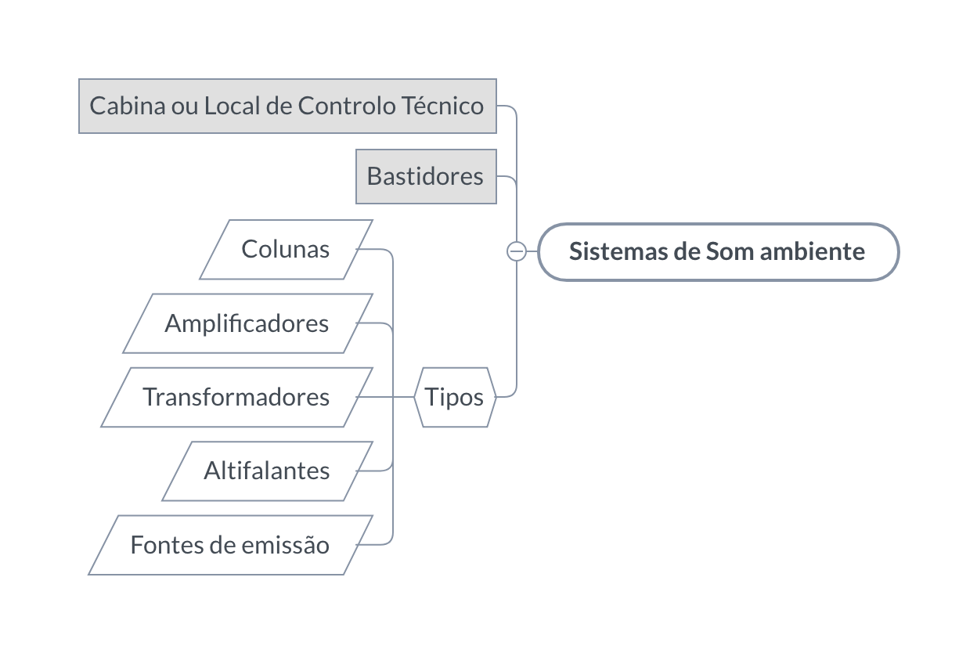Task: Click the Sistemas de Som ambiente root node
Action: click(719, 251)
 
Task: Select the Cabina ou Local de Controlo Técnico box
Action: click(287, 106)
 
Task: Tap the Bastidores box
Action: click(426, 177)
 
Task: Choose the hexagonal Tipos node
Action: click(455, 397)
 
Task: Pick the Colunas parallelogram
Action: click(286, 249)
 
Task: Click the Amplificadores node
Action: click(247, 323)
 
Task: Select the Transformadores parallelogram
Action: click(237, 397)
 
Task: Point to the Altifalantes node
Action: click(268, 471)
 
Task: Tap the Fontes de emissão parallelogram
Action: click(231, 545)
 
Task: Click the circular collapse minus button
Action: click(517, 251)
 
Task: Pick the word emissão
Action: click(286, 545)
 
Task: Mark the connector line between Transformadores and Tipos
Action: click(385, 397)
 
